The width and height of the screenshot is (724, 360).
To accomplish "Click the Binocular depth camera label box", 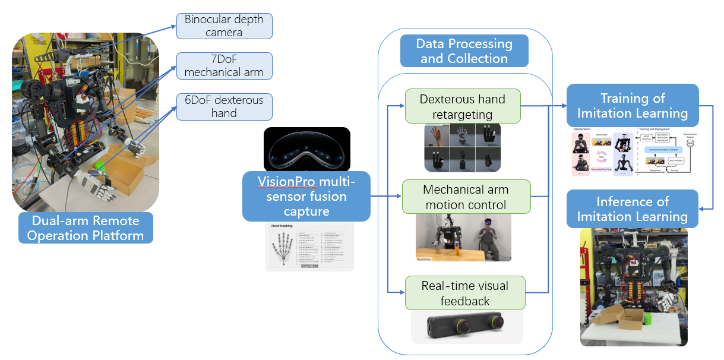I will [224, 26].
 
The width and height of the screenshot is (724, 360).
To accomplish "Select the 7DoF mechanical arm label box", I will [224, 66].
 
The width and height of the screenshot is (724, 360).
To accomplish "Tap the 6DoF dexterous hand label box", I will [224, 106].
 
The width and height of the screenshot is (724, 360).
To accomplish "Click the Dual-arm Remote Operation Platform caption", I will [85, 228].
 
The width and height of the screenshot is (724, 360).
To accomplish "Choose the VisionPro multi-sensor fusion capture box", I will [306, 196].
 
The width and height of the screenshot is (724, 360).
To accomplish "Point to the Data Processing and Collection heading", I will [464, 51].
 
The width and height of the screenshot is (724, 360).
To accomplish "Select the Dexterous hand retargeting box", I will [462, 106].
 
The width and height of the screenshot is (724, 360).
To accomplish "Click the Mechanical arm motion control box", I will [466, 197].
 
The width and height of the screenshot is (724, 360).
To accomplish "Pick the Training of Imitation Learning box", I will [633, 105].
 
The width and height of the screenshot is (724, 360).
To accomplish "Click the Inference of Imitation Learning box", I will [633, 209].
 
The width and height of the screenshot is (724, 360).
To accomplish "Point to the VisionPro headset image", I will [306, 150].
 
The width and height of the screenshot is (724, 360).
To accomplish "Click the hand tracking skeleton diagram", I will [284, 248].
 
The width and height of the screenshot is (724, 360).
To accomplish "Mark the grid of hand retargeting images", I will [462, 147].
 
